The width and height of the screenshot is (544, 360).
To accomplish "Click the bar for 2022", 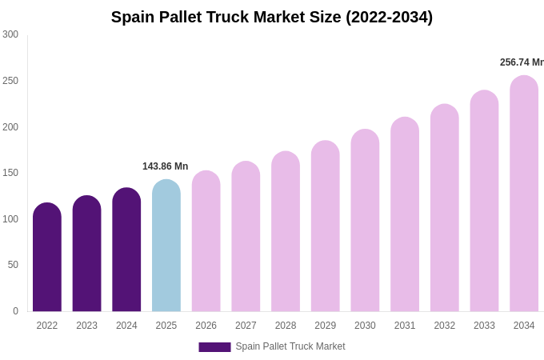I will pos(47,258).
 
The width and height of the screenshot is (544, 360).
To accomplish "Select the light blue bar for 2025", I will pos(166,246).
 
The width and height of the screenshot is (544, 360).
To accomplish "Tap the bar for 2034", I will pos(524,194).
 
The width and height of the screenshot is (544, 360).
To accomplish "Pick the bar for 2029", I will pos(326,226).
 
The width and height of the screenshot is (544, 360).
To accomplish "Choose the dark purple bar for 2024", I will pos(126,250).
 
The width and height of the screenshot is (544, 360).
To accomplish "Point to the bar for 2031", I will pos(405,214).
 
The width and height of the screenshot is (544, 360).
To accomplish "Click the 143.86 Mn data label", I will pos(165,166).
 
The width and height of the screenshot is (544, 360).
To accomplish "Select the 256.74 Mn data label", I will pos(521,62).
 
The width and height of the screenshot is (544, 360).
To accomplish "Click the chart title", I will pos(272,17).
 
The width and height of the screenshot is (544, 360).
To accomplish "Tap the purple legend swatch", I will pos(214,347).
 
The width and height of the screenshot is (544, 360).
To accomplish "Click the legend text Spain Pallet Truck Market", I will pos(290,346).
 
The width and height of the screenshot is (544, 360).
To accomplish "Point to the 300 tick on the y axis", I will pos(10,34).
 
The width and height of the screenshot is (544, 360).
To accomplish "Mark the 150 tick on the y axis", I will pos(10,173).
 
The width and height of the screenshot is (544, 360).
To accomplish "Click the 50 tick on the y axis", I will pos(13,265).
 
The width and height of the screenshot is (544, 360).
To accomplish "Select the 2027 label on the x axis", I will pos(246,326).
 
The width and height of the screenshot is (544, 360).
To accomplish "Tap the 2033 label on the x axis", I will pos(484,326).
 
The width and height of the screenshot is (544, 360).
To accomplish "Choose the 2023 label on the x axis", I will pos(86,326).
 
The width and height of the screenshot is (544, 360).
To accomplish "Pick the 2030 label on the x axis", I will pos(365,326).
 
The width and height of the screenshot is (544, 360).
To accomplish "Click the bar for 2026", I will pos(206,241).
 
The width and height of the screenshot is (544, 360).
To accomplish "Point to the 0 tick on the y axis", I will pos(15,311).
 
